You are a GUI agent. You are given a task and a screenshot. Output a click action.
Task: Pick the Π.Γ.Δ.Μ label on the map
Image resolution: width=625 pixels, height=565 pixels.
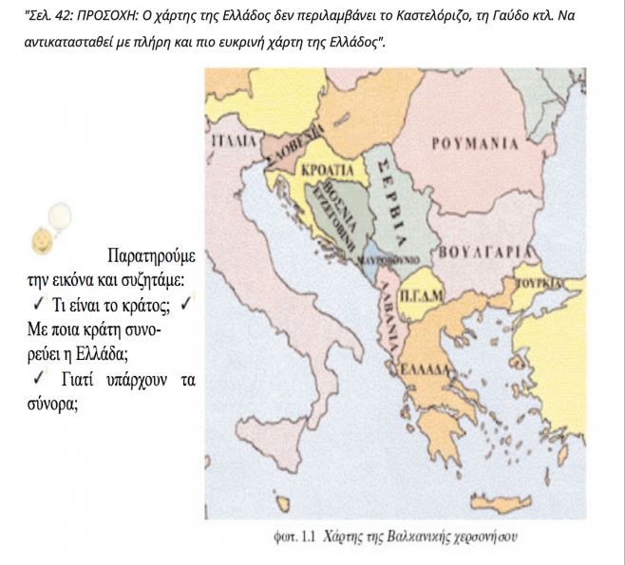coord(418,297)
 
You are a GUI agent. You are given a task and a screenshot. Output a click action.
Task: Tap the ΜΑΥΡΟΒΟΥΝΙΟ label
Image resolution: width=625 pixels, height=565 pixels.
coord(389,258)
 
